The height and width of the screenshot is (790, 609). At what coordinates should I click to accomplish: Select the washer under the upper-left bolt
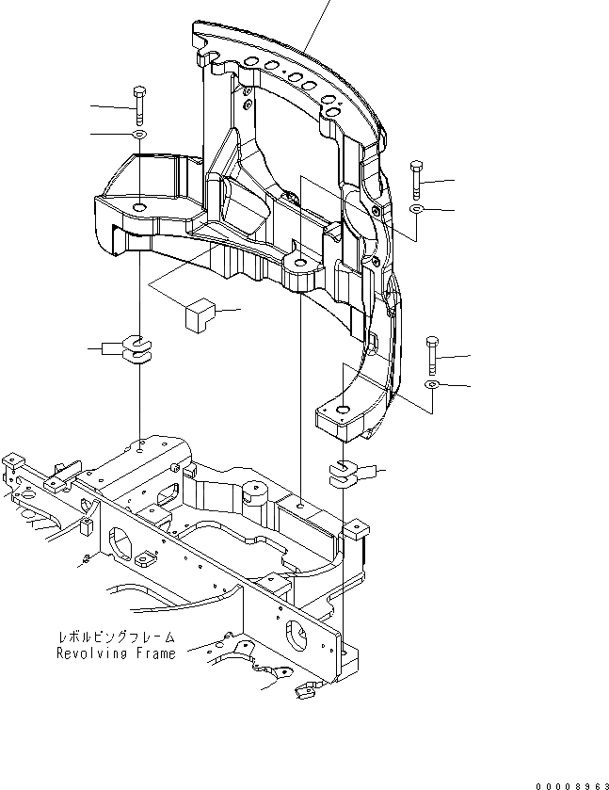pyautogui.click(x=138, y=136)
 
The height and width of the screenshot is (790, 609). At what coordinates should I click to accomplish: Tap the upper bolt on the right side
pyautogui.click(x=416, y=178)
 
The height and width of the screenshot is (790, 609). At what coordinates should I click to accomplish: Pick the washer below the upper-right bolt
pyautogui.click(x=417, y=207)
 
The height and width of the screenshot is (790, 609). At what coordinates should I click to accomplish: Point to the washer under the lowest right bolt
pyautogui.click(x=431, y=385)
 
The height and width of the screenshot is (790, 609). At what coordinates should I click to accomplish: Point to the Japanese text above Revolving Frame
pyautogui.click(x=115, y=638)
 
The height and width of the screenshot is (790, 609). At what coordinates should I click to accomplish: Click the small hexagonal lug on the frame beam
pyautogui.click(x=144, y=561)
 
